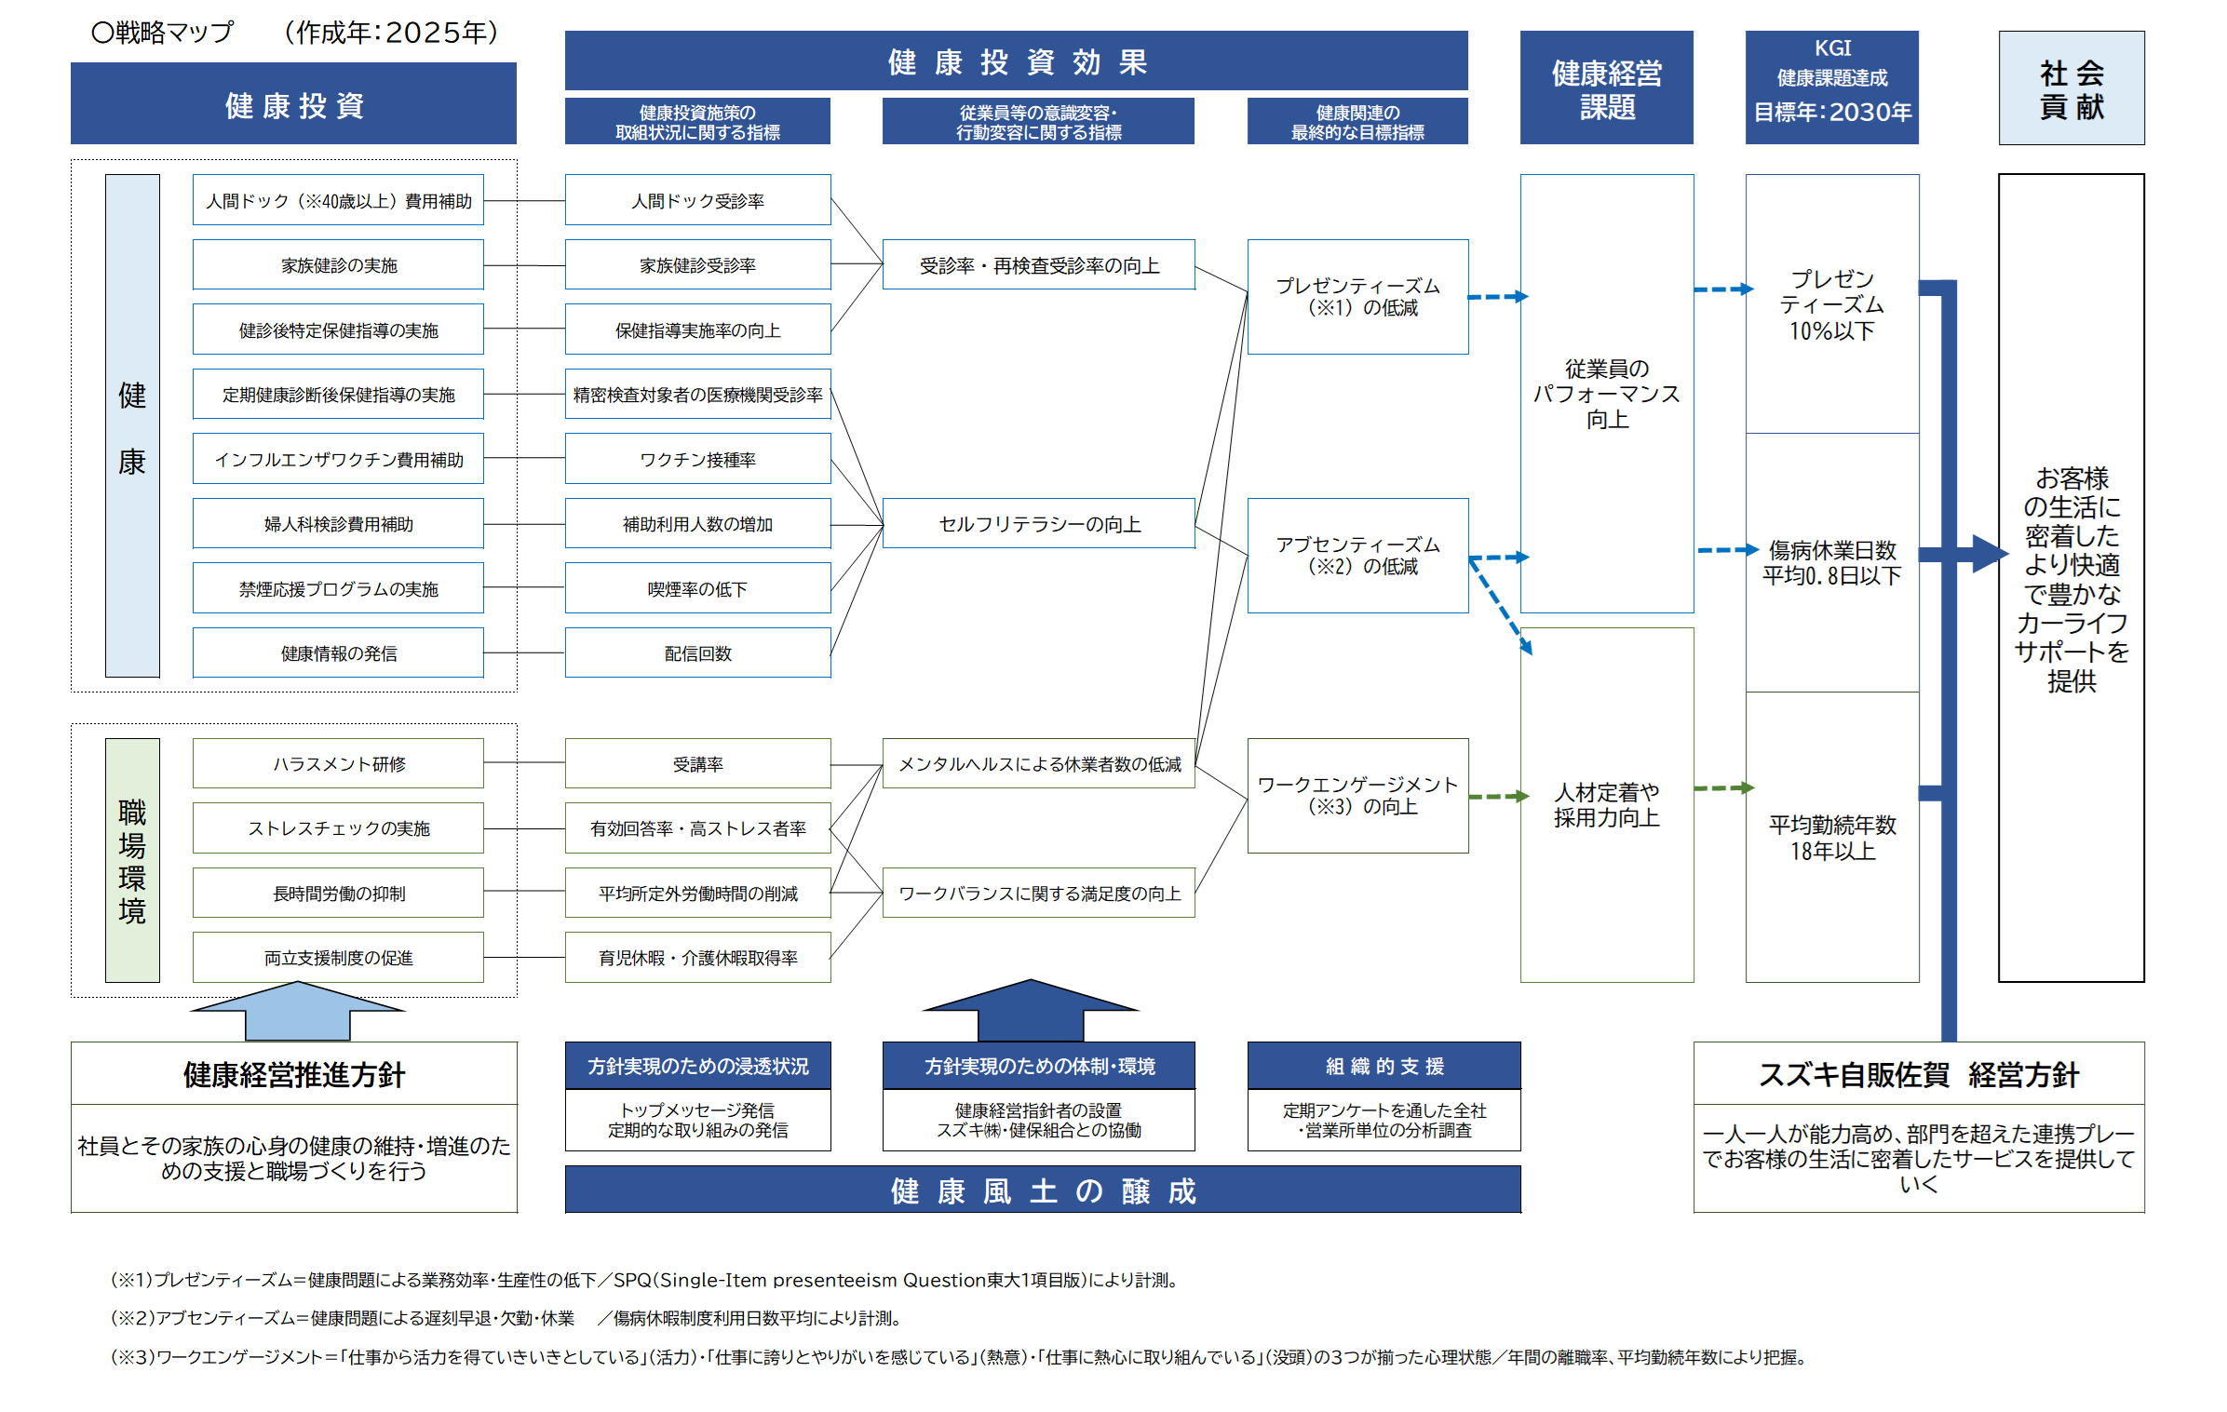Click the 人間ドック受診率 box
(697, 200)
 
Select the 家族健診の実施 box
(338, 265)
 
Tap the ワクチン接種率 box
(697, 459)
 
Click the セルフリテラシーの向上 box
(1038, 524)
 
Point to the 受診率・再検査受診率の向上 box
(1038, 265)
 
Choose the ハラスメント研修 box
(338, 763)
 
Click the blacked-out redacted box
(338, 893)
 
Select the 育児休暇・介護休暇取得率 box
(697, 958)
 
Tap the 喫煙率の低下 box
(697, 588)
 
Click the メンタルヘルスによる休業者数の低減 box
(1038, 763)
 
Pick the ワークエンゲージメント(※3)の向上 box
(1357, 796)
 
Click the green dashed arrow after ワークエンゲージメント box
(1497, 797)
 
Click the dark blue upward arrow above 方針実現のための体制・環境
(1031, 1010)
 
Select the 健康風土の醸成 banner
(1043, 1190)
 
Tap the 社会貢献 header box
(2072, 88)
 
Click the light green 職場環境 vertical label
(132, 860)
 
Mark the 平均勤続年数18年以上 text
(1832, 838)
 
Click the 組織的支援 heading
(1383, 1066)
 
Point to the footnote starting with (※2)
(507, 1318)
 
